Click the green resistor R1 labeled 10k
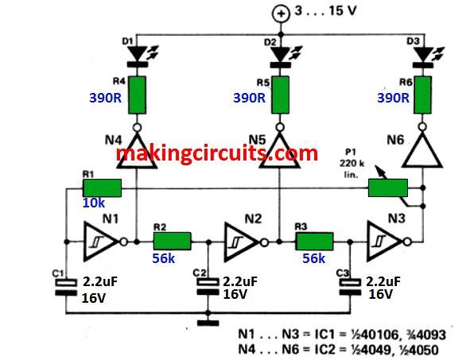click(x=102, y=188)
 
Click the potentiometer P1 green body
click(x=387, y=188)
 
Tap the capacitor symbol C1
click(x=64, y=286)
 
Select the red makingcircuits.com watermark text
click(x=217, y=153)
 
